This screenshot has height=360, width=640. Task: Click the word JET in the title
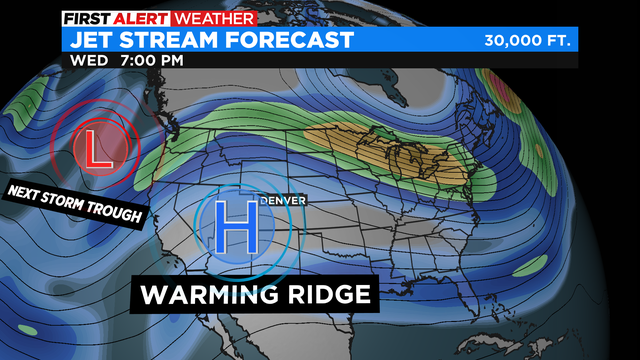point(92,40)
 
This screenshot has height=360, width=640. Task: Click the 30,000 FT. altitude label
point(528,41)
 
